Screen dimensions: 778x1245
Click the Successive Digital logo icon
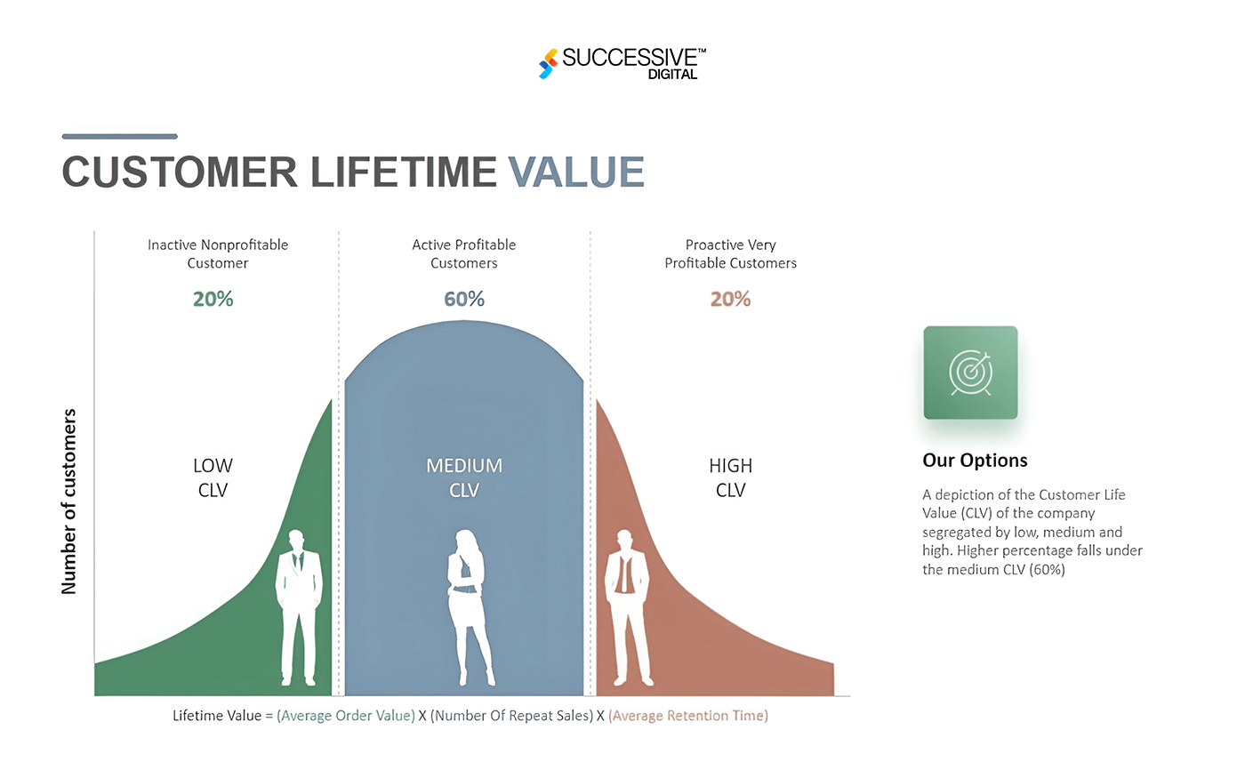[x=548, y=63]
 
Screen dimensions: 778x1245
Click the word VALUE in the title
[x=576, y=172]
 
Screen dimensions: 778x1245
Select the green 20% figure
[x=213, y=300]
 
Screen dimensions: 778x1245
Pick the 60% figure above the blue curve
[x=464, y=300]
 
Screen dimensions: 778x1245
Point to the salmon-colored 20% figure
[x=730, y=300]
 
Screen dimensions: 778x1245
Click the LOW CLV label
[x=213, y=477]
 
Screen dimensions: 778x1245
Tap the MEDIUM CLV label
[x=464, y=477]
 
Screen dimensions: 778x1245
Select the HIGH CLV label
[x=730, y=477]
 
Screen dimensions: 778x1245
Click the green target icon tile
[x=970, y=373]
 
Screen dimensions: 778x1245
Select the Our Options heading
[x=975, y=461]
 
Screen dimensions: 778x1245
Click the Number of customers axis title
[x=69, y=501]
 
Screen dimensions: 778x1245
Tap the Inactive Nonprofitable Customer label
[x=218, y=253]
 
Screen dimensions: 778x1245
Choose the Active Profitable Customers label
[x=464, y=253]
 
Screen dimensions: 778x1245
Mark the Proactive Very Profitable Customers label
[x=730, y=253]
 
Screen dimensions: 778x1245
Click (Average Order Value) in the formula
[x=346, y=716]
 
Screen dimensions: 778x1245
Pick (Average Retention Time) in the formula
[x=688, y=716]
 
